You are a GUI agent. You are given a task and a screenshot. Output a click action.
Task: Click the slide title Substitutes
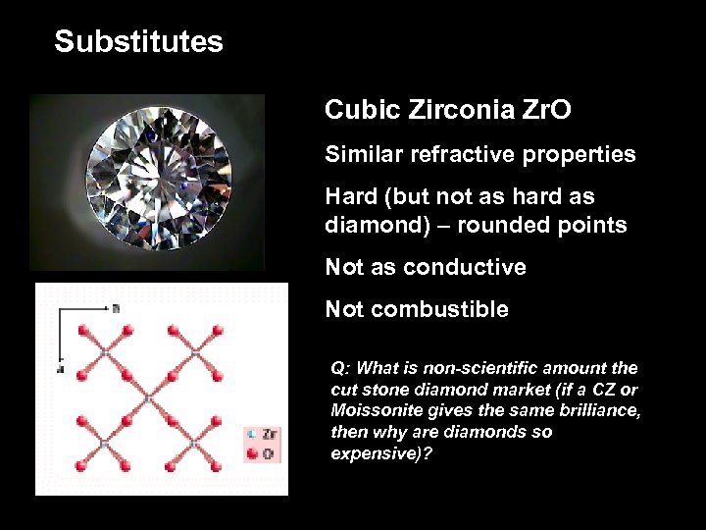[138, 42]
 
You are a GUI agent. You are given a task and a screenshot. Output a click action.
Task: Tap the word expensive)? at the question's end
[381, 454]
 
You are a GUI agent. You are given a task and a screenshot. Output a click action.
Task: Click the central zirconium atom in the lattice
[148, 398]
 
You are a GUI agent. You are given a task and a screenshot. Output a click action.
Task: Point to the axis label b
[116, 307]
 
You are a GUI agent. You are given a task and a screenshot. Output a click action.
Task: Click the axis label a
[60, 370]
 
